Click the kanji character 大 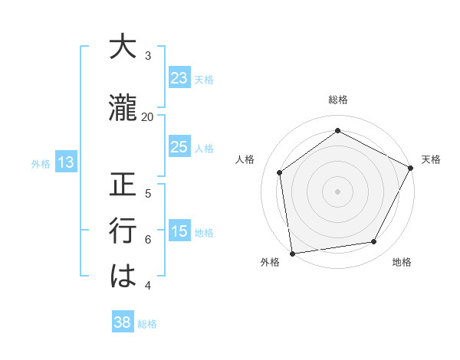coord(123,47)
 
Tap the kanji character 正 coord(123,186)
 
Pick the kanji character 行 coord(123,230)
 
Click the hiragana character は coord(123,275)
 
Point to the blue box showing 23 coord(179,78)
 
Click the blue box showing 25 coord(179,147)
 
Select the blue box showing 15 coord(179,231)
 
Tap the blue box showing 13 coord(65,162)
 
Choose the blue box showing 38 coord(123,322)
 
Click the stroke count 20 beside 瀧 coord(148,116)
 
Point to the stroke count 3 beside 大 coord(148,56)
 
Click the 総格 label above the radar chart coord(338,100)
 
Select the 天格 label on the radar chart coord(431,159)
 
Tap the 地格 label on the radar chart coord(402,262)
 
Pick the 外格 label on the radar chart coord(270,262)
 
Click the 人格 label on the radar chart coord(245,159)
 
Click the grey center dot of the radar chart coord(337,191)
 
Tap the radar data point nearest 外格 coord(292,253)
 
